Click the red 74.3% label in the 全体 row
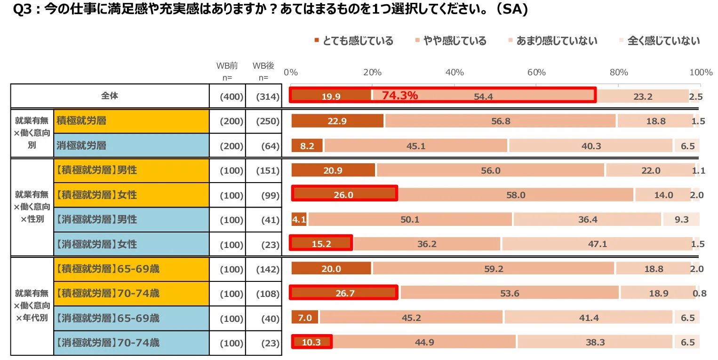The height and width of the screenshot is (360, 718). point(399,96)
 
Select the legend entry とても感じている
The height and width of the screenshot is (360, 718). point(353,41)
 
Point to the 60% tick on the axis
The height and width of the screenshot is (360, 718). point(536,72)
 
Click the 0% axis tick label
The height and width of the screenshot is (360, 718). point(291,72)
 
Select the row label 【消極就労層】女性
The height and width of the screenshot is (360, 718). point(96,244)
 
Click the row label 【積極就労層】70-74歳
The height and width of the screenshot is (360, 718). point(108,294)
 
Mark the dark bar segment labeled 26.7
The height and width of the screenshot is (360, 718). point(344,293)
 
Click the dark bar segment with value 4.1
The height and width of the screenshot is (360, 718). point(299,220)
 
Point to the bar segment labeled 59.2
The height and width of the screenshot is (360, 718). point(493,269)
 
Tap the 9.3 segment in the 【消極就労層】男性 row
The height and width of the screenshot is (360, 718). point(681,220)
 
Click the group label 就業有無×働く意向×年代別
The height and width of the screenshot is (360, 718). point(32,306)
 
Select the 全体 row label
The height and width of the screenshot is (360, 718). point(110,96)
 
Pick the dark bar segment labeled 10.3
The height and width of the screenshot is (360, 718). point(311,343)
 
